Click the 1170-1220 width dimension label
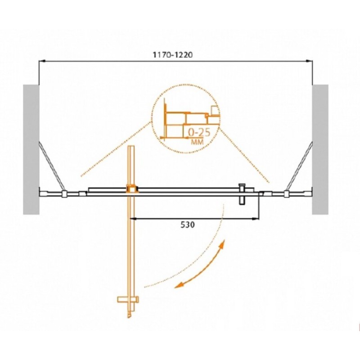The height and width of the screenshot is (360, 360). pos(173,55)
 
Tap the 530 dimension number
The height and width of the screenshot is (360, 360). pos(188,225)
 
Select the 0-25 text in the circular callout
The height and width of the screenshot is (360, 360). pos(199,133)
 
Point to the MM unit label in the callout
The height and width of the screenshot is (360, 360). pos(197,142)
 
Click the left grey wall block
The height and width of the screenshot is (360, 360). pos(31,149)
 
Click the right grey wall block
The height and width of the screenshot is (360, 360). pos(320,149)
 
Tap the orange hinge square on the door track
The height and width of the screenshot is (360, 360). pos(131,189)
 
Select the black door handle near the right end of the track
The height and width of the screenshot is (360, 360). pos(242,193)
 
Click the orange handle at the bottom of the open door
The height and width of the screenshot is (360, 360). pos(128,299)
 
